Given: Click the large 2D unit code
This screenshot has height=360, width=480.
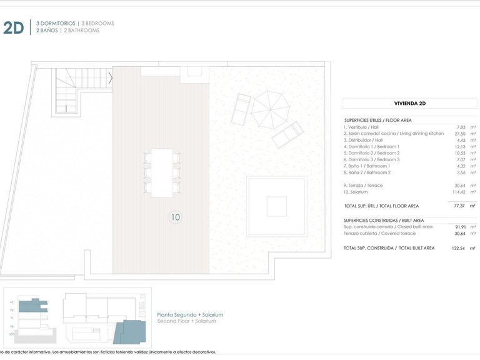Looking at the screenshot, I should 13,27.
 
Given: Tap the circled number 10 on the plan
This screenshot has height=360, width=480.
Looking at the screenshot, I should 176,217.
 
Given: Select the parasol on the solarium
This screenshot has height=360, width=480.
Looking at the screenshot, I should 271,109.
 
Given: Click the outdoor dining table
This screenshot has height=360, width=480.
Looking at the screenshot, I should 162,172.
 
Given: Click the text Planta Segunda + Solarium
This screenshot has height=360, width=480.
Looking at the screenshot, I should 189,315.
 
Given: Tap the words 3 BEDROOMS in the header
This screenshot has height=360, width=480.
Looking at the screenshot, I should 97,23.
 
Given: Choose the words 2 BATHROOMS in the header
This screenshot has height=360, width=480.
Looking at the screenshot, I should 81,30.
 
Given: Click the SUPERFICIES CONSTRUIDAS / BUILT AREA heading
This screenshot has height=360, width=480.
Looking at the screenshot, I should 384,221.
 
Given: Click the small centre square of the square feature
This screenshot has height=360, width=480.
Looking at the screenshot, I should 276,206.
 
